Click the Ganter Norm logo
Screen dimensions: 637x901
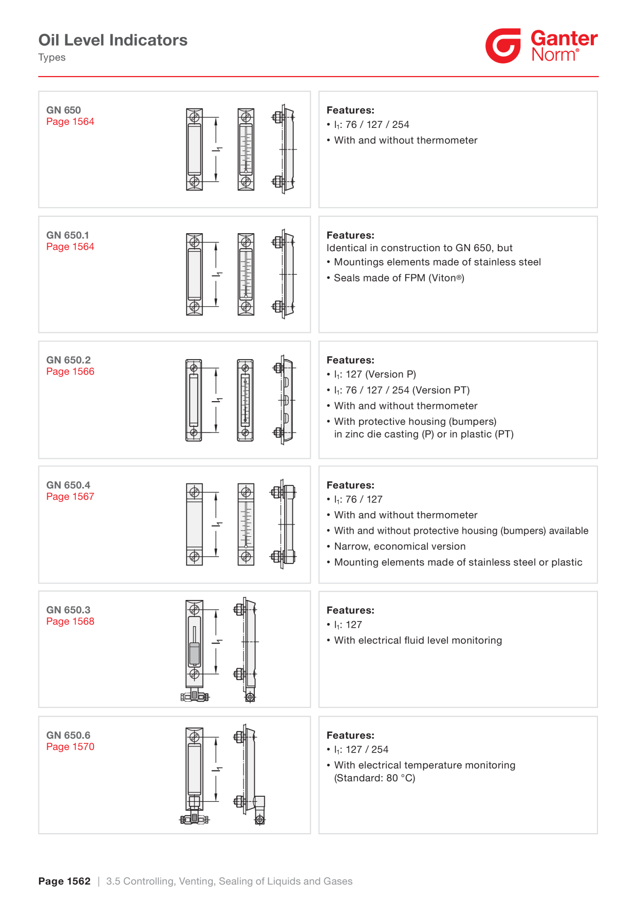pos(541,46)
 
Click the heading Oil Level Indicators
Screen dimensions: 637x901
pos(113,40)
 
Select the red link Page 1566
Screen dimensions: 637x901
pos(70,371)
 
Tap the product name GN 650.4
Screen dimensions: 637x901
pos(68,485)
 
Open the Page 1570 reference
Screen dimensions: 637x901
pos(70,746)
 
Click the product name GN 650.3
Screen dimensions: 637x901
pos(68,610)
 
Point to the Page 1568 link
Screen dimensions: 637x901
pos(70,621)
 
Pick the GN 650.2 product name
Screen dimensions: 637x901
pos(68,360)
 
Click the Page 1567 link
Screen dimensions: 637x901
pos(70,496)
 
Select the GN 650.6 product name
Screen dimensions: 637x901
pos(68,735)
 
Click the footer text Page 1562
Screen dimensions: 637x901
pos(64,881)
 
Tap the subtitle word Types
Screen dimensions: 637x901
pos(52,57)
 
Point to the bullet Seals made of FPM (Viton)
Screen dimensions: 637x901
pos(396,278)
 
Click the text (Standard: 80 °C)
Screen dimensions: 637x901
pos(374,778)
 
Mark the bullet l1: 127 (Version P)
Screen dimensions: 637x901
pos(371,374)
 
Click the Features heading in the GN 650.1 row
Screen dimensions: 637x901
pos(350,235)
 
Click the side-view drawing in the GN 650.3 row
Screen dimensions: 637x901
pos(247,649)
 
